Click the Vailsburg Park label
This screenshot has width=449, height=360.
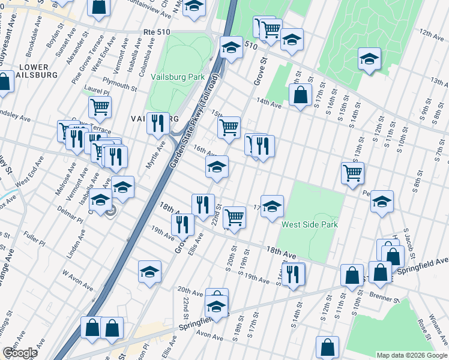pyautogui.click(x=178, y=77)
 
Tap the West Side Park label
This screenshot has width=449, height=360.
pyautogui.click(x=310, y=225)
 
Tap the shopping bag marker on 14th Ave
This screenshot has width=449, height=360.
pyautogui.click(x=300, y=94)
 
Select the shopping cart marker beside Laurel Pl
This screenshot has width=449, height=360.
pyautogui.click(x=100, y=107)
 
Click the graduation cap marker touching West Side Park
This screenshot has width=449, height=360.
pyautogui.click(x=272, y=205)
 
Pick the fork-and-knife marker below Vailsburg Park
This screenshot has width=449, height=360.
pyautogui.click(x=157, y=124)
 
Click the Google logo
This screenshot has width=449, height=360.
pyautogui.click(x=20, y=353)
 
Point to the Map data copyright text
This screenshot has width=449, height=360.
pyautogui.click(x=412, y=355)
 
